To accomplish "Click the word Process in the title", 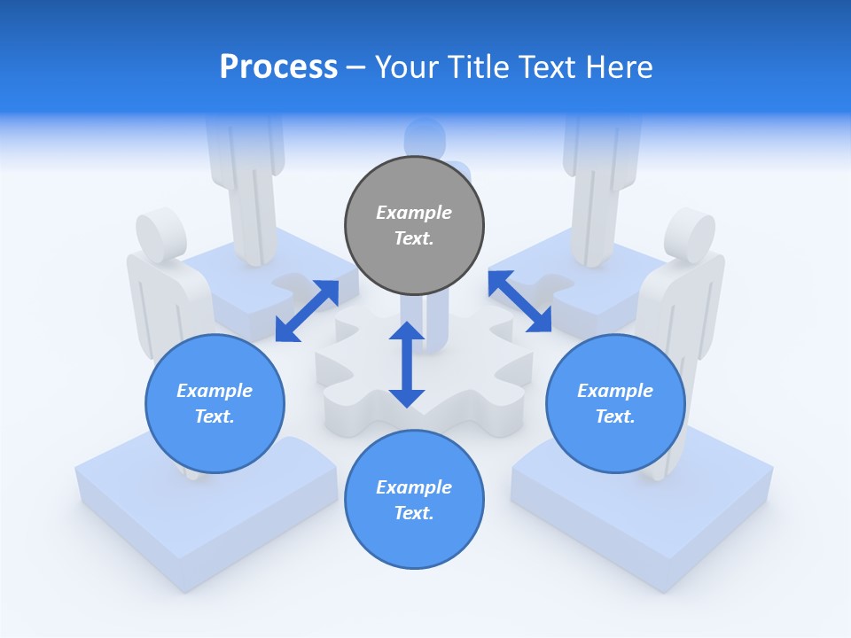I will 278,67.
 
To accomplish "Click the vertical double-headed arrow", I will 407,364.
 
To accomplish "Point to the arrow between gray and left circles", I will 307,310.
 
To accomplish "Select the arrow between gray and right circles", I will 519,301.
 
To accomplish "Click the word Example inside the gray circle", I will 414,213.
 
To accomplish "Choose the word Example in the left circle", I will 215,391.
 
